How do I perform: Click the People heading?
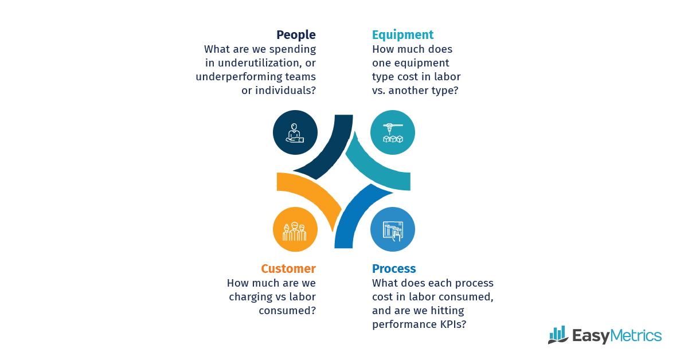point(296,35)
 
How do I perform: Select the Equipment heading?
point(402,35)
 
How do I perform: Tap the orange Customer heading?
point(288,269)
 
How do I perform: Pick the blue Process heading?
point(394,269)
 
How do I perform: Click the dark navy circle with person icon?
point(295,132)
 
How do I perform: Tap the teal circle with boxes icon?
point(393,132)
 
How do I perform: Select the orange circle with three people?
point(295,229)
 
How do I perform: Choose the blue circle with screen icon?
point(393,229)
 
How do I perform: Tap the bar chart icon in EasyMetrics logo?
point(558,335)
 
